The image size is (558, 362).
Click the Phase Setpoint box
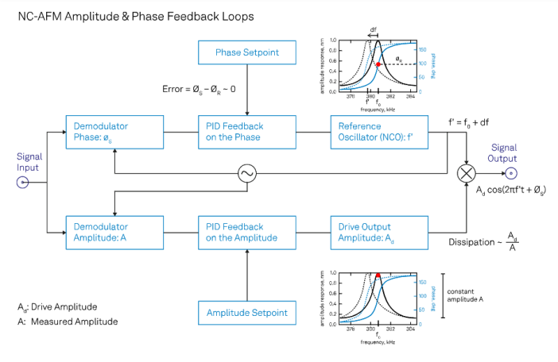point(248,53)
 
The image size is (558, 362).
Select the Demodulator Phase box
point(114,132)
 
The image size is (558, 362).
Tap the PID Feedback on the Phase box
point(248,132)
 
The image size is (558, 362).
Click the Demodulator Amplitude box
point(114,232)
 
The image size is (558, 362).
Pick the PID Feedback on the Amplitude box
point(248,232)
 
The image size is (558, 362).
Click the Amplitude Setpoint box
point(248,314)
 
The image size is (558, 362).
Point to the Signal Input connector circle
point(23,182)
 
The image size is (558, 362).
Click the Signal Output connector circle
point(513,174)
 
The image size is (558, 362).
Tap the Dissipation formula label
point(486,241)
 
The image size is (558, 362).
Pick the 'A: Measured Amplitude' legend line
point(68,322)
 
